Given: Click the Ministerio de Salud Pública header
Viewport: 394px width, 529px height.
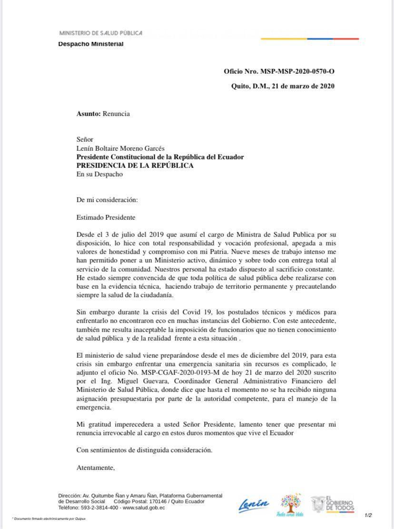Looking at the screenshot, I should pos(100,33).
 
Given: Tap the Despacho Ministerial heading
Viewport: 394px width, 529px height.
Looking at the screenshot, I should pos(90,44).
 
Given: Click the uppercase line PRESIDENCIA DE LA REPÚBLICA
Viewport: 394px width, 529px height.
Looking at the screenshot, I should pos(135,166).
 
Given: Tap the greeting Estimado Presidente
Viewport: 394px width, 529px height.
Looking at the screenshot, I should pos(106,217).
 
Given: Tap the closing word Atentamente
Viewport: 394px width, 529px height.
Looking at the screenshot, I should pos(96,468).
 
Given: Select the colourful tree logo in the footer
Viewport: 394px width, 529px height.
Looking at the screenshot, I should pos(290,504).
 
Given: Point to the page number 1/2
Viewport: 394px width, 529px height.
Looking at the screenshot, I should pos(368,515).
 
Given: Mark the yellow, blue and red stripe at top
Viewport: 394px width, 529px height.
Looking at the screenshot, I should pos(309,39).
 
